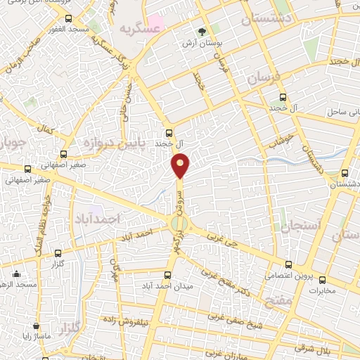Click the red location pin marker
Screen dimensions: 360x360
click(x=181, y=165)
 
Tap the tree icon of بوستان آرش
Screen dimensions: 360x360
click(x=202, y=32)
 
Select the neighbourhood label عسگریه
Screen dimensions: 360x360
click(x=136, y=30)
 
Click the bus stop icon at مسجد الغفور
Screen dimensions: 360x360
click(x=67, y=19)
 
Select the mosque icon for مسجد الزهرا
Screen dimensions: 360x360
click(x=17, y=274)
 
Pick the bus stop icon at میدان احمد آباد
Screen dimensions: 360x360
click(x=167, y=275)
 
